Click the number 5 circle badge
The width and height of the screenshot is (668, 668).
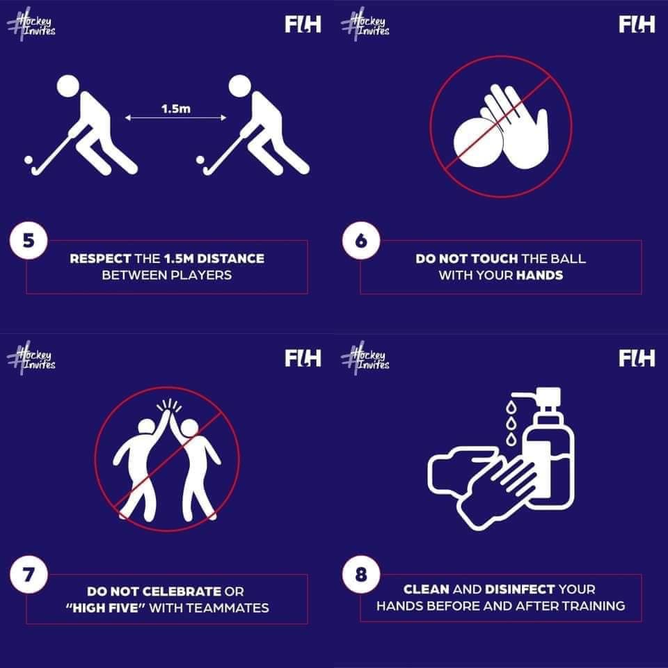[x=29, y=241]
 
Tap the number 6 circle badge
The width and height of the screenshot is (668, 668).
[x=361, y=241]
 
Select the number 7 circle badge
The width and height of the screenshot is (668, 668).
[x=29, y=575]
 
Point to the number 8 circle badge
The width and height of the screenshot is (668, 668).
[x=361, y=575]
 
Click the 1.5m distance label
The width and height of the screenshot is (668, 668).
[x=176, y=109]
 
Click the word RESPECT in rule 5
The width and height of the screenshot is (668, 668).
[x=100, y=259]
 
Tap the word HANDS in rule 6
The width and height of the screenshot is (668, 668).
[x=539, y=276]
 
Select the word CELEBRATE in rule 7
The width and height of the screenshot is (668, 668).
[x=181, y=591]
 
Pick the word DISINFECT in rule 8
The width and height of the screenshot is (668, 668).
[x=520, y=589]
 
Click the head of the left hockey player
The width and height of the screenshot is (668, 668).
[x=67, y=86]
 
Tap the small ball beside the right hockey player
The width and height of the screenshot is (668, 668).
[x=200, y=160]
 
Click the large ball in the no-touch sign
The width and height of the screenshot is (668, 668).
[x=477, y=143]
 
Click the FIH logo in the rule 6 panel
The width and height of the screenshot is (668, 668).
[x=637, y=24]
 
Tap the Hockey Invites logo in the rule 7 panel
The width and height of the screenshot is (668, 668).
[x=31, y=358]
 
